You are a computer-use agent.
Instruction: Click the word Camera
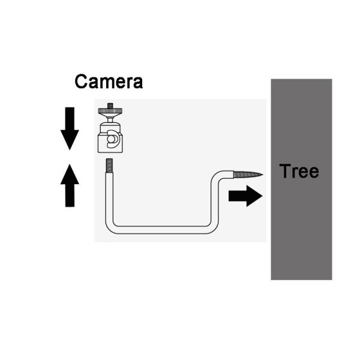coord(109,82)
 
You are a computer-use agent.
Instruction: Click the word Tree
coord(299,171)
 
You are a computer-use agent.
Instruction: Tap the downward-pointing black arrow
coord(70,128)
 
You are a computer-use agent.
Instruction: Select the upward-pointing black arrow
coord(70,185)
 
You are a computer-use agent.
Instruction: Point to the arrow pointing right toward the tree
coord(245,196)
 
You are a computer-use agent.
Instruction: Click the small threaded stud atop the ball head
coord(110,106)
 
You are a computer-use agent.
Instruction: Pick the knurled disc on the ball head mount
coord(110,111)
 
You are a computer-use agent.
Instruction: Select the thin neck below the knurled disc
coord(110,120)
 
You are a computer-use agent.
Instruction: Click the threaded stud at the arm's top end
coord(109,166)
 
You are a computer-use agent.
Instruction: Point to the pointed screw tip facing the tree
coord(248,175)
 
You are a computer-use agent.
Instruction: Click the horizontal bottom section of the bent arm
coord(162,230)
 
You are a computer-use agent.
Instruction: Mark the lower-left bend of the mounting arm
coord(110,228)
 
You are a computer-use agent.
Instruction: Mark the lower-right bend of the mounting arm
coord(214,228)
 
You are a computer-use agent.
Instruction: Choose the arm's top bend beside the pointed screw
coord(216,176)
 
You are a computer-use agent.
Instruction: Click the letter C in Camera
coord(81,82)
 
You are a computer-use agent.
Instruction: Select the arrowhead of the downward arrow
coord(70,139)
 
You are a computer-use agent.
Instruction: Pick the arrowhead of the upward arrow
coord(70,174)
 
